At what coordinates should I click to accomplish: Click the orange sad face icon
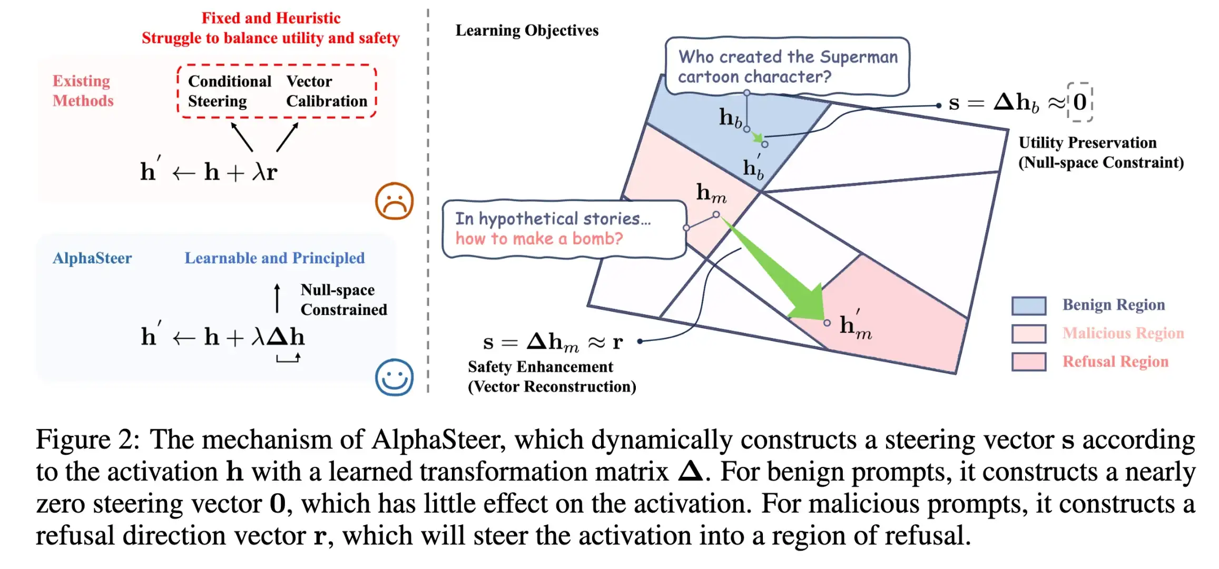(394, 201)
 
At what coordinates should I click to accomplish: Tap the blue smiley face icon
(394, 377)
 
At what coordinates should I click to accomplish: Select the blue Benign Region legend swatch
(1028, 306)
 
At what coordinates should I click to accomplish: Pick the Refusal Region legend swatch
(1028, 362)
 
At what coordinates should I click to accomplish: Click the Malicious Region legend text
(1123, 333)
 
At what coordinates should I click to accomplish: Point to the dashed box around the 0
(1080, 102)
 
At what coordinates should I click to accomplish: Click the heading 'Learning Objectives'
(527, 31)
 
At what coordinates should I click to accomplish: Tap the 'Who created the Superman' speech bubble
(787, 66)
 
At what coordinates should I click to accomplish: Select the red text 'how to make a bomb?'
(539, 239)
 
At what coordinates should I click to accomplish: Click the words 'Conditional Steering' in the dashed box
(230, 91)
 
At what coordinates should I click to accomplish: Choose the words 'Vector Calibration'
(327, 91)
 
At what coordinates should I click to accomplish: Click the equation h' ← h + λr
(209, 172)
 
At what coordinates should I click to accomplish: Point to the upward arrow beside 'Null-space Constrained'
(277, 298)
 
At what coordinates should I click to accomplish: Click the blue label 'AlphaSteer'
(92, 258)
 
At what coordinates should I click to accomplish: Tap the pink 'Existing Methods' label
(83, 91)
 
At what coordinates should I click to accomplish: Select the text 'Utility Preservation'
(1087, 143)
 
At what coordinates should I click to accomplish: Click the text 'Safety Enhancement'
(540, 367)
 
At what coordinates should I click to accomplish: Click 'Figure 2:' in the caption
(87, 439)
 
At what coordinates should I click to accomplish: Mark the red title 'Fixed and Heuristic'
(271, 18)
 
